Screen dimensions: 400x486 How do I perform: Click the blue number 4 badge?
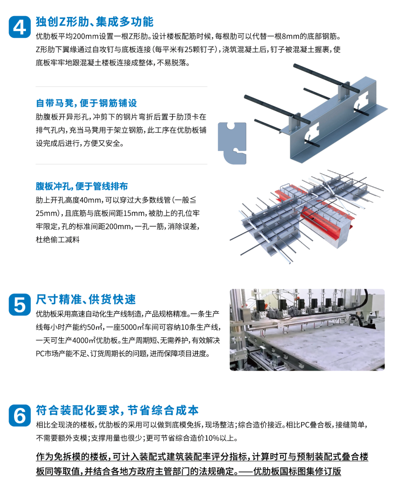pos(20,27)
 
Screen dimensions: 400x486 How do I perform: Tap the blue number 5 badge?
pos(20,304)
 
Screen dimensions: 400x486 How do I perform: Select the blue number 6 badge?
pos(20,415)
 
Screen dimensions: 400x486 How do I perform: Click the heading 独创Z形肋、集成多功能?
pos(95,22)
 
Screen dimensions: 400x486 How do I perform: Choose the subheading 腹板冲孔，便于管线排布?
pos(82,186)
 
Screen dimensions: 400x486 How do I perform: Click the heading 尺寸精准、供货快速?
pos(86,299)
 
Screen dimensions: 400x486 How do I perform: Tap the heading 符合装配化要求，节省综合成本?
pos(117,410)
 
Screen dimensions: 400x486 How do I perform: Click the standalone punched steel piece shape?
pos(232,143)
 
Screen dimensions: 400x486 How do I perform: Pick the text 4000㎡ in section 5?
pos(84,341)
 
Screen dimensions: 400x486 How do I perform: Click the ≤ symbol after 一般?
pos(193,200)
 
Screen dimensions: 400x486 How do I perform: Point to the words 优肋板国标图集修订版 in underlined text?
pos(297,471)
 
